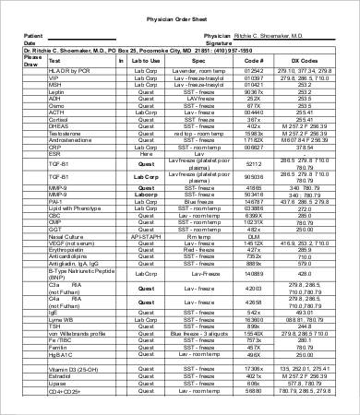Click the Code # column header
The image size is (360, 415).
tap(254, 61)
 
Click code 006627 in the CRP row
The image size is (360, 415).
tap(254, 146)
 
